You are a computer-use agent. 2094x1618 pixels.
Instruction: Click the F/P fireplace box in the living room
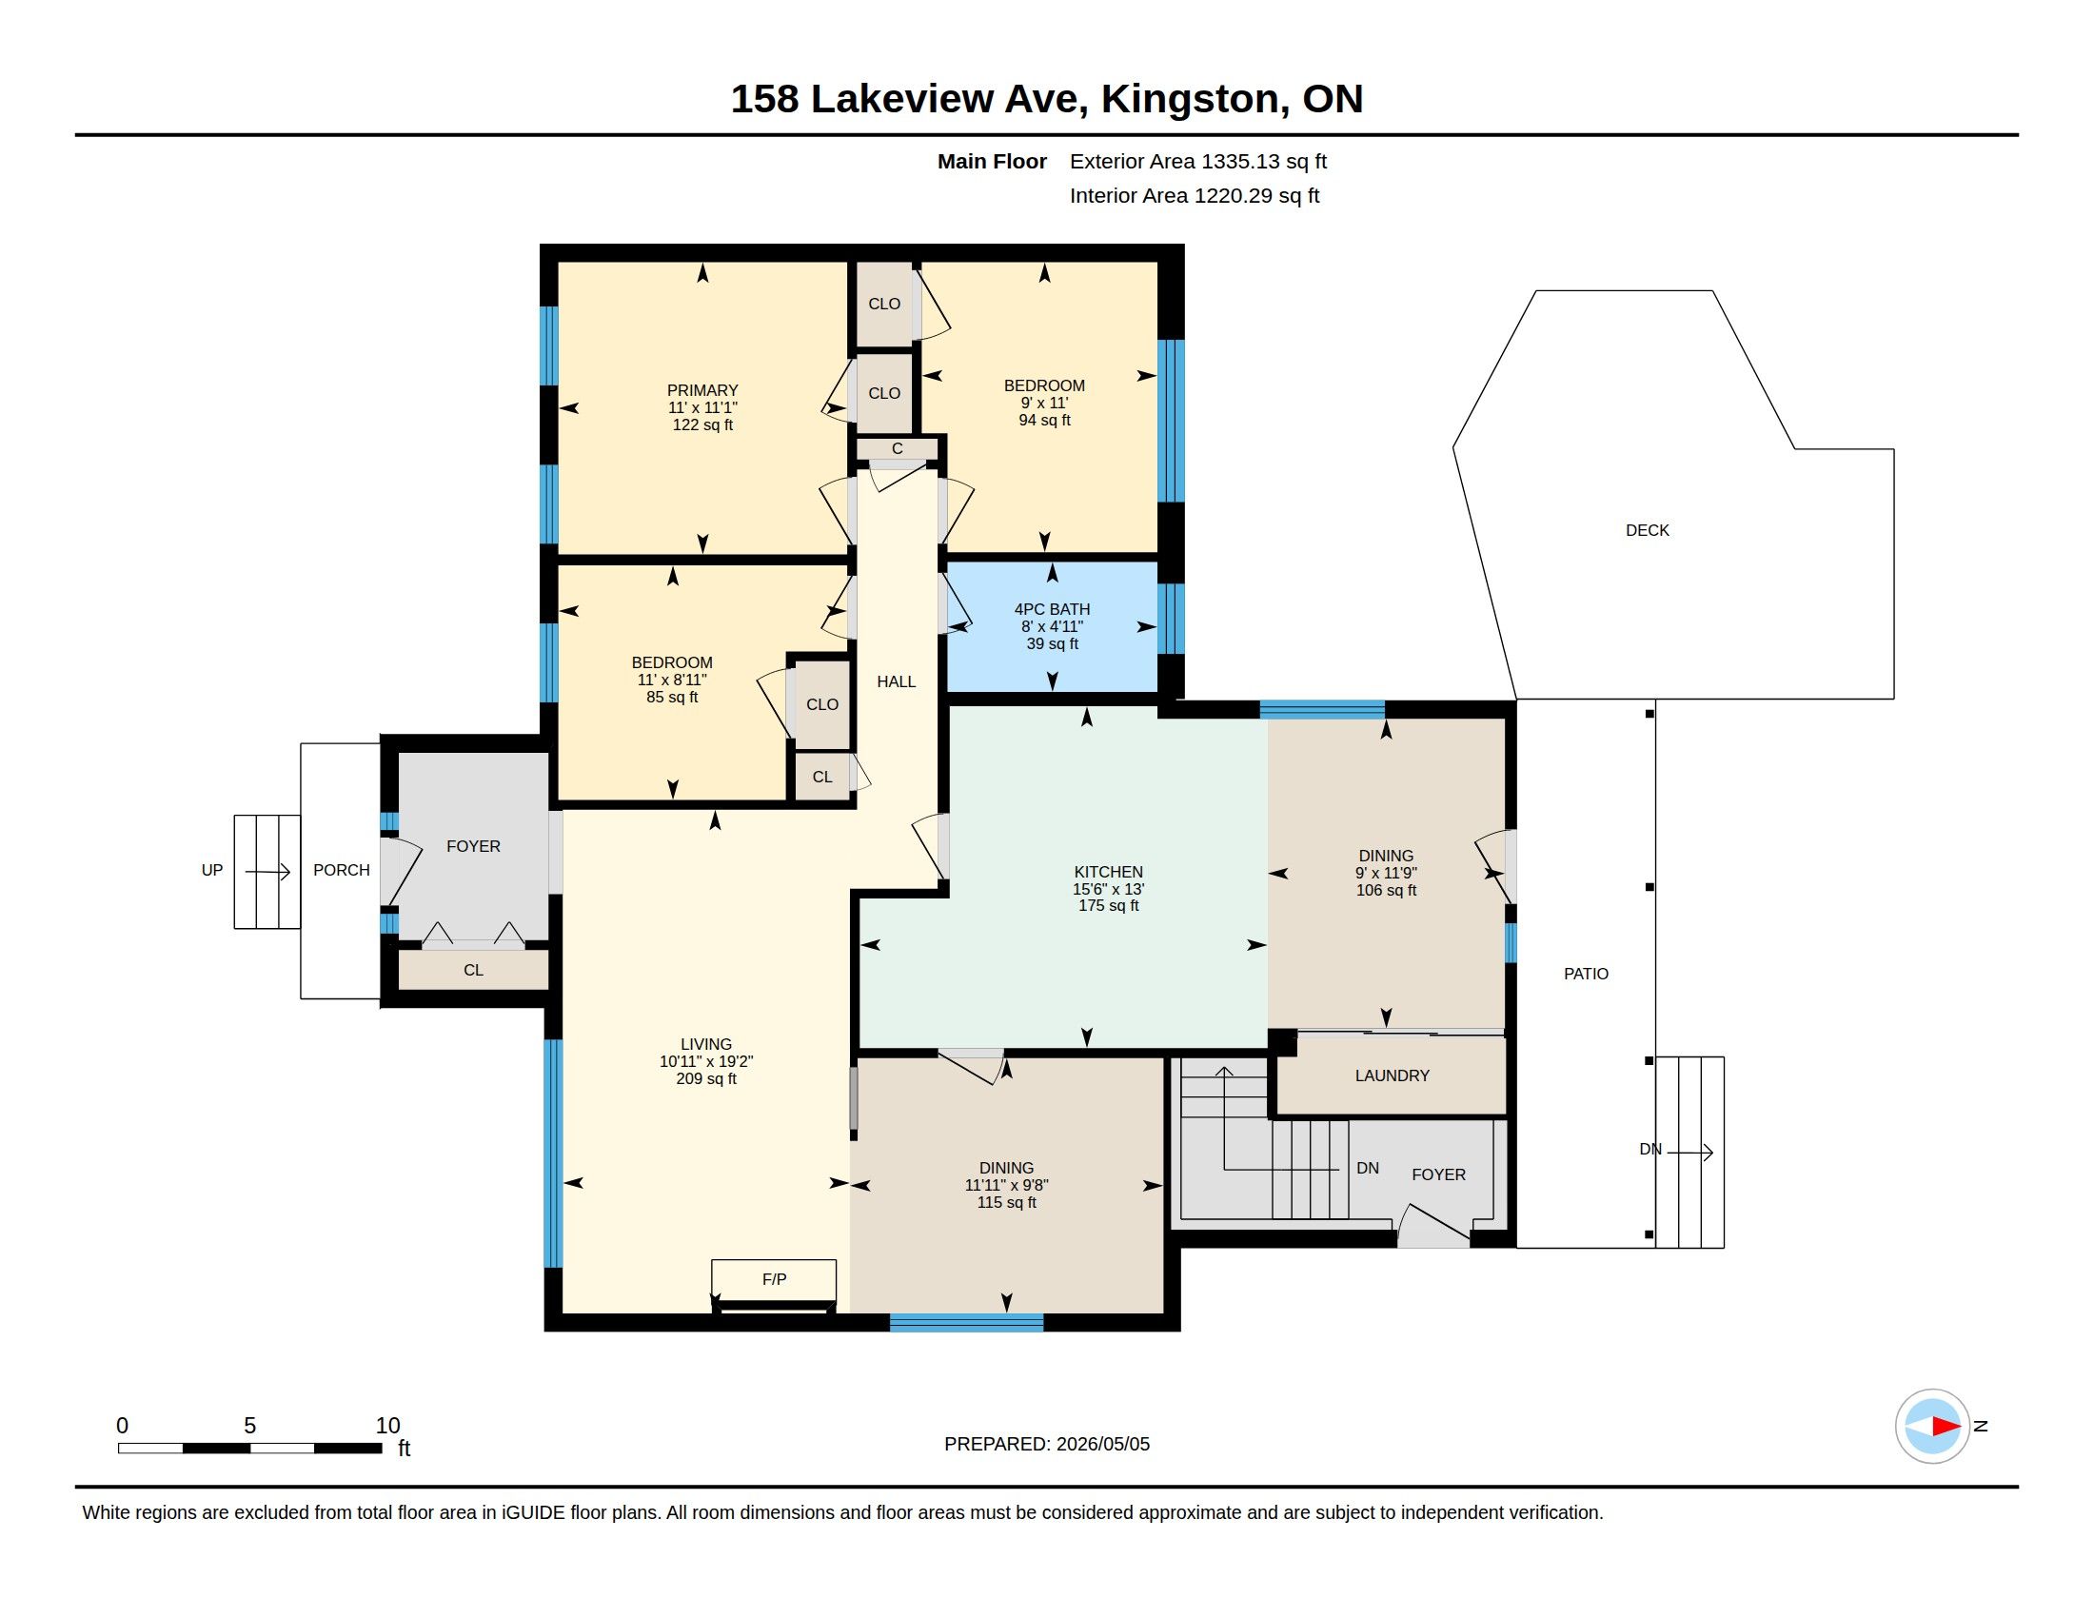click(x=774, y=1279)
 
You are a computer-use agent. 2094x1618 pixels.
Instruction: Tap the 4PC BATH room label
click(x=1052, y=609)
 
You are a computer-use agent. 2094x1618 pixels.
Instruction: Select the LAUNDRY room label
click(x=1393, y=1075)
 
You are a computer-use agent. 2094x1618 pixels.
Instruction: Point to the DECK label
click(x=1648, y=530)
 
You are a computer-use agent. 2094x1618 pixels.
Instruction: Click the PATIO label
click(x=1586, y=974)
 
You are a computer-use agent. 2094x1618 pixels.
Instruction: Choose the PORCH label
click(x=342, y=870)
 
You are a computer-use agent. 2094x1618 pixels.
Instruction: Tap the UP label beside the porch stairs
click(x=212, y=870)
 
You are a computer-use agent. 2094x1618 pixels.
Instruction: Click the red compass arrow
click(x=1946, y=1427)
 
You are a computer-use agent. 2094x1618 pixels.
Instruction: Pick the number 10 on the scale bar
click(x=387, y=1426)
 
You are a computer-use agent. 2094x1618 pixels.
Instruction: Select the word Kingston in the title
click(x=1189, y=99)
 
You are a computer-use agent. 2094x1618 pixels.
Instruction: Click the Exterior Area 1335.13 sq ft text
click(x=1198, y=161)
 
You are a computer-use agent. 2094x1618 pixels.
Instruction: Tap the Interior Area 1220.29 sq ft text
click(x=1195, y=195)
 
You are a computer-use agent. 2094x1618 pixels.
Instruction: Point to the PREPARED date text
click(x=1047, y=1444)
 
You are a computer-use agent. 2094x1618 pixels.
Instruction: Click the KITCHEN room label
click(x=1108, y=872)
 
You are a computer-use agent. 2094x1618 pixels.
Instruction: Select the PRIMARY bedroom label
click(x=702, y=390)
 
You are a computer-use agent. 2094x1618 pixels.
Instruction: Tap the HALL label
click(x=897, y=681)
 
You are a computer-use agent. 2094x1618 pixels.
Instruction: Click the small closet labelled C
click(x=897, y=448)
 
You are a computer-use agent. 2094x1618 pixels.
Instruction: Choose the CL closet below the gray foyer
click(x=473, y=970)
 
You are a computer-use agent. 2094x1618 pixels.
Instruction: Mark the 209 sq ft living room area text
click(x=706, y=1078)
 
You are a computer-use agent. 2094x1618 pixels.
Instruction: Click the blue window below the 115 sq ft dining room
click(x=966, y=1323)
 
